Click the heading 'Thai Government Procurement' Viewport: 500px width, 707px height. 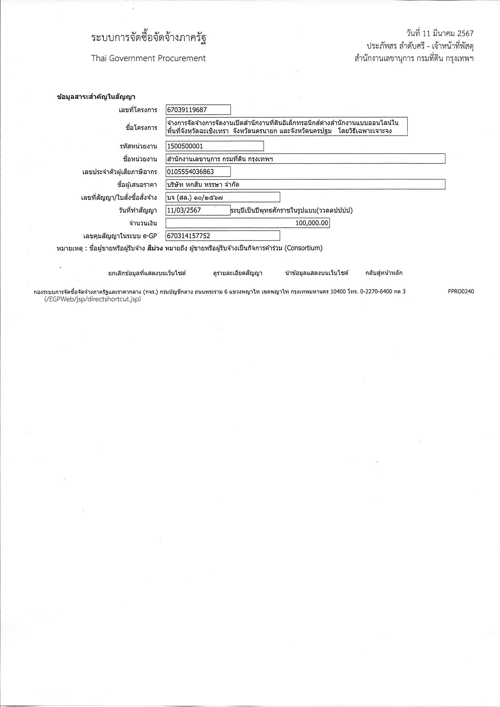[148, 58]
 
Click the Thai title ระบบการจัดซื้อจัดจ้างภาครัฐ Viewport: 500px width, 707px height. [149, 38]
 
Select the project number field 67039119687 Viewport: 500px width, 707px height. [198, 110]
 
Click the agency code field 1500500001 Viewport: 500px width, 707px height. [214, 146]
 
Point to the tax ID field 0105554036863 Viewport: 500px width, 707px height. [198, 171]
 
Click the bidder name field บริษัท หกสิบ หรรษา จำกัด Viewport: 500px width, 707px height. [305, 184]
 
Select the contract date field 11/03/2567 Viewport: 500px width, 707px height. [198, 210]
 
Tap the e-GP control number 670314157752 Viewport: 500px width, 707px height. [222, 236]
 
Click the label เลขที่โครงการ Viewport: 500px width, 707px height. [138, 110]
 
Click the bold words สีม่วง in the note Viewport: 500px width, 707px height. [155, 248]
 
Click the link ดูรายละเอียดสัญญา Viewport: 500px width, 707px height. [237, 273]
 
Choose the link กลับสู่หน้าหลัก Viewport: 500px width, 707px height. [384, 273]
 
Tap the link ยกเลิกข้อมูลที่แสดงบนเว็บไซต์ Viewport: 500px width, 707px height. [147, 273]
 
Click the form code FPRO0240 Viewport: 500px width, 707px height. [461, 291]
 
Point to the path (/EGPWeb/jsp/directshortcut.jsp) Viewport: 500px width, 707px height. [93, 299]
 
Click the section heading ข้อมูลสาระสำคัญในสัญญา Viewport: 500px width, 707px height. [96, 97]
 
